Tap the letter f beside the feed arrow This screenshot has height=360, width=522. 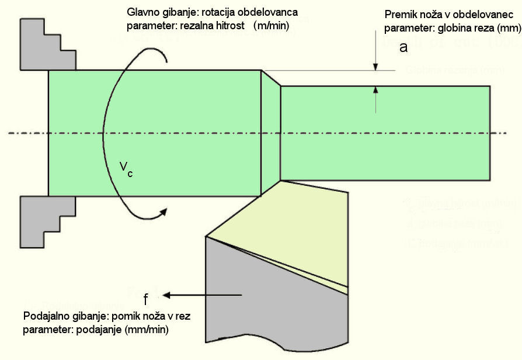(147, 300)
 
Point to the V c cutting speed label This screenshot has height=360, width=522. (126, 169)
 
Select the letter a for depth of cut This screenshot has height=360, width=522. (403, 48)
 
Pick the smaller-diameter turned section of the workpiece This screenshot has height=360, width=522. (385, 133)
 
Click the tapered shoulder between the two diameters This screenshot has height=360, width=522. (270, 133)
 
